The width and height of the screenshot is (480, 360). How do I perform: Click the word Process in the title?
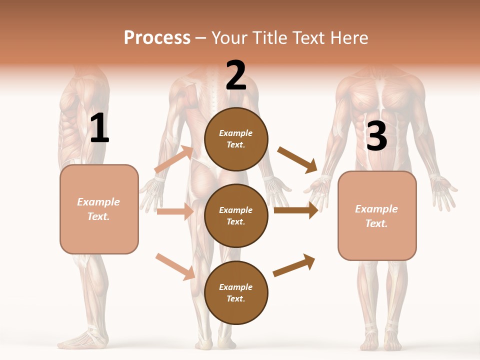click(157, 37)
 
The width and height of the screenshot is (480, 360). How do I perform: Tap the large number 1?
click(99, 128)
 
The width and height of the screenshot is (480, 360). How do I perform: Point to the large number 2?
click(236, 75)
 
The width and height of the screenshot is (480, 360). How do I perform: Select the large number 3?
click(376, 136)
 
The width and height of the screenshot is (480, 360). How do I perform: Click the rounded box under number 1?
click(99, 209)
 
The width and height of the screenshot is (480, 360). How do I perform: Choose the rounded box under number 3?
click(377, 215)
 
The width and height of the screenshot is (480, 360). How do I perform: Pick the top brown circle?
click(236, 139)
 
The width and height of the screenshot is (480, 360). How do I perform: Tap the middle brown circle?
click(236, 215)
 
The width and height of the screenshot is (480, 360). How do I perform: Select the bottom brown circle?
click(236, 292)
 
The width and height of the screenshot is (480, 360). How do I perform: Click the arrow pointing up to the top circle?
click(174, 159)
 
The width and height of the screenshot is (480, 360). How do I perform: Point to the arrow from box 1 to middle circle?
click(175, 211)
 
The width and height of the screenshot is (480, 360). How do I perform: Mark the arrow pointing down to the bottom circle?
click(175, 266)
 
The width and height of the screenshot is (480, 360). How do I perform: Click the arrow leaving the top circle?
click(297, 159)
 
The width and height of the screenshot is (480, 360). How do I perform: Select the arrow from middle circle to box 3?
click(296, 210)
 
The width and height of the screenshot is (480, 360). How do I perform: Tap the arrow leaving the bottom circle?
click(294, 265)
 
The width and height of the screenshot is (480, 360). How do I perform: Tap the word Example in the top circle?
click(236, 133)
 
